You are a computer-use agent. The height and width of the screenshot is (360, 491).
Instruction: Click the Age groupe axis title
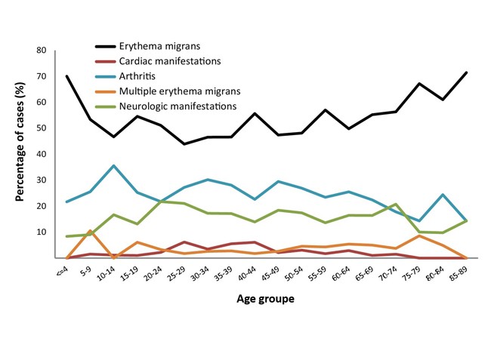(264, 300)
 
